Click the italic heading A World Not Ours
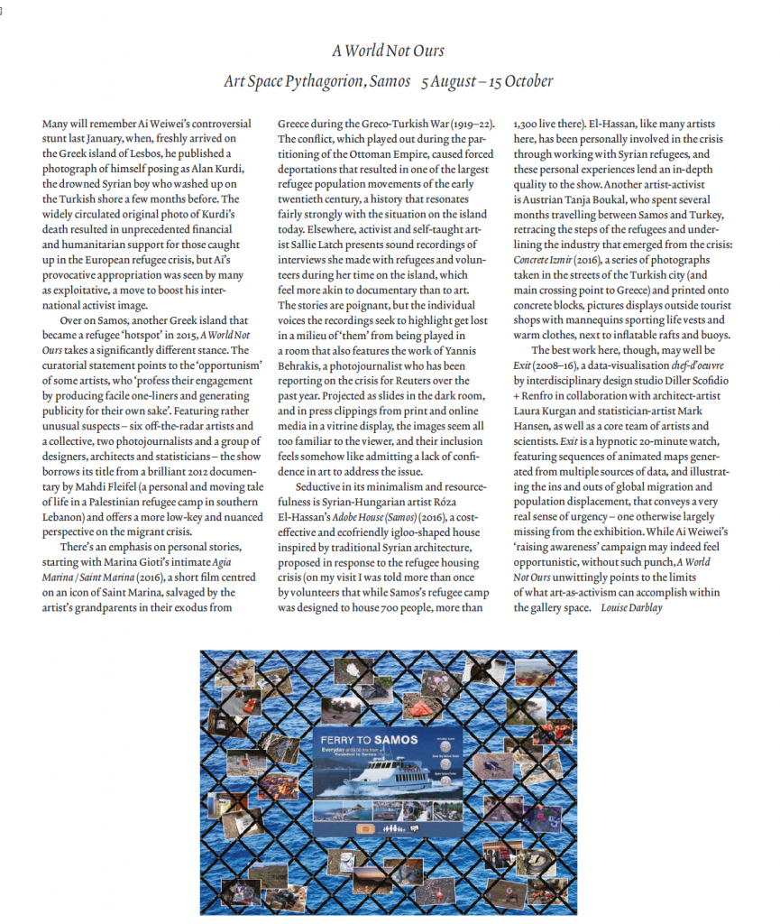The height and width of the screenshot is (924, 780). click(x=388, y=51)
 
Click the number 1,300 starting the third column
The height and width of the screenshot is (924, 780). click(x=527, y=125)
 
